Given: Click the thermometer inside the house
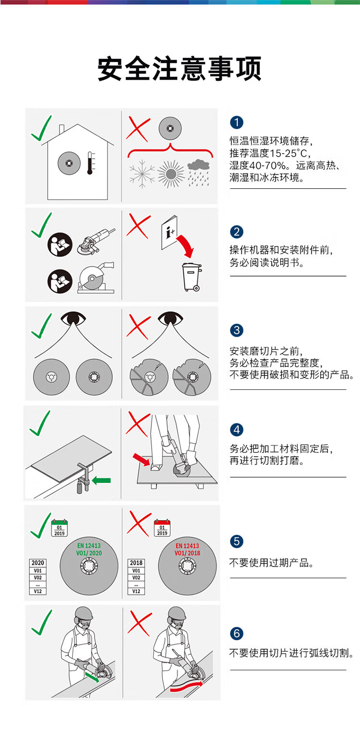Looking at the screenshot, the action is coord(89,163).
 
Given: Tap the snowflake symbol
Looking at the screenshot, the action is coord(142,174).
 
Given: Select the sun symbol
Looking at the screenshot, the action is coord(171,174).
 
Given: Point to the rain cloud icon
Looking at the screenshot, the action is coord(198,172).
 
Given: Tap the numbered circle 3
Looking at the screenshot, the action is coord(237,330).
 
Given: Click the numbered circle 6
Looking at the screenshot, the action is coord(237,633).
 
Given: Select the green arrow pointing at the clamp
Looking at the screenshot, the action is coord(101,481).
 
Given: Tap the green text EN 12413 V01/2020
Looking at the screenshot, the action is coord(89,549).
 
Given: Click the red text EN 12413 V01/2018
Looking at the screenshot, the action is coord(187,549).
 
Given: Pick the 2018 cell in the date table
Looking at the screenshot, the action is coord(136,563).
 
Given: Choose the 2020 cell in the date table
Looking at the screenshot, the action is coord(37,563).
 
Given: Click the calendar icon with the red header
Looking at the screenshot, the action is coord(162,528).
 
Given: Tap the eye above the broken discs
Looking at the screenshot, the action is coord(170,318).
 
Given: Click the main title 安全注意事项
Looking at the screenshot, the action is coord(180,69).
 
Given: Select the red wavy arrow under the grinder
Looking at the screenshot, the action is coord(186,687).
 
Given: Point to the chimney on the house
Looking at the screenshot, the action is coord(61,130).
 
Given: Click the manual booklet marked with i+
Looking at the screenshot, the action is coord(169,232).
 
